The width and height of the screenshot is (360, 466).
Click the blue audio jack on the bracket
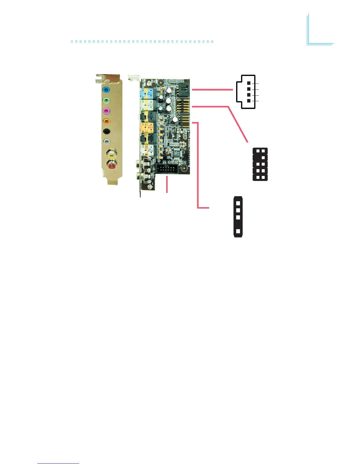click(x=106, y=89)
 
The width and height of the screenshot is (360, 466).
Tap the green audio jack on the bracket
click(x=106, y=101)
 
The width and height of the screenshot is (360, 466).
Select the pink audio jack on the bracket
click(x=106, y=111)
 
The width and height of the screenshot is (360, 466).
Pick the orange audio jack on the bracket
click(x=106, y=121)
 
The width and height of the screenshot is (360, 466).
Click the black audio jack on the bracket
click(x=106, y=132)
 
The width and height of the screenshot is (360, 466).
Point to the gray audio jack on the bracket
click(x=106, y=142)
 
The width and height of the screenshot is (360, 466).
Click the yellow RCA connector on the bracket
click(x=111, y=154)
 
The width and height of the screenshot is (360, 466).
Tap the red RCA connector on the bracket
click(x=112, y=166)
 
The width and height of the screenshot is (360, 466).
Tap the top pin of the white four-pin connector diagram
click(x=249, y=83)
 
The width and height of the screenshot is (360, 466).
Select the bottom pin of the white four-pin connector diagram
click(x=249, y=101)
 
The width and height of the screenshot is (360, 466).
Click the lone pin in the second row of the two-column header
click(x=263, y=158)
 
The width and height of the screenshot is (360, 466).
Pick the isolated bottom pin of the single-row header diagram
click(x=238, y=232)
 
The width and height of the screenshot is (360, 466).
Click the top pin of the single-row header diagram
click(x=238, y=203)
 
